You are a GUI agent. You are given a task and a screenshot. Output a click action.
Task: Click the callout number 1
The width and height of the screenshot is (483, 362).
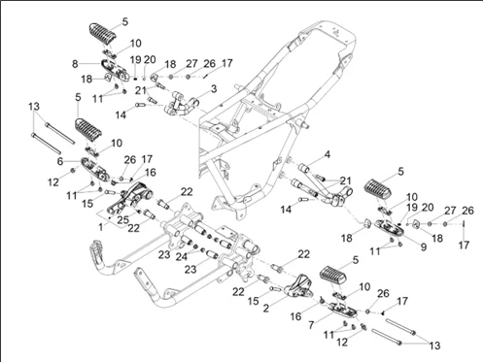[x=101, y=227]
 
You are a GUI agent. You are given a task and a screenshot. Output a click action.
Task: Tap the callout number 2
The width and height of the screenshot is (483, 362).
[x=266, y=308]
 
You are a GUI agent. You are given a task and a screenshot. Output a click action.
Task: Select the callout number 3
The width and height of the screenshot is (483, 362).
[x=214, y=88]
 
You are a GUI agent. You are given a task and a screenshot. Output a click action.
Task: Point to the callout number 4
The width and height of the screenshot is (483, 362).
[x=328, y=154]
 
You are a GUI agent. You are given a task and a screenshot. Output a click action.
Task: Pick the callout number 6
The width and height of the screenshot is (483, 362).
[x=60, y=161]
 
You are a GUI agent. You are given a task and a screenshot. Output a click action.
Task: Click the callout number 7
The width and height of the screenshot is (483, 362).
[x=311, y=325]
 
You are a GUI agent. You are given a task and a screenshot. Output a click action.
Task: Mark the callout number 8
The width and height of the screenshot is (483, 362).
[x=75, y=64]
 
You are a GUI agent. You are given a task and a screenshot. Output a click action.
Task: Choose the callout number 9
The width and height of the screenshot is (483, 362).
[x=424, y=247]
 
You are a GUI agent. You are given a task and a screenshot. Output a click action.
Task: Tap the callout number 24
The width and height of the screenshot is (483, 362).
[x=182, y=257]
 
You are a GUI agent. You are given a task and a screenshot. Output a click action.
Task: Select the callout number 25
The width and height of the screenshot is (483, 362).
[x=123, y=220]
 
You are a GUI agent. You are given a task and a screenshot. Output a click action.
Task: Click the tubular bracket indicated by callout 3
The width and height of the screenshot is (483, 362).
[x=182, y=105]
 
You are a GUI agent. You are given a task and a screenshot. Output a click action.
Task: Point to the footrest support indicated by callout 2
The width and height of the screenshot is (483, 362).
[x=298, y=286]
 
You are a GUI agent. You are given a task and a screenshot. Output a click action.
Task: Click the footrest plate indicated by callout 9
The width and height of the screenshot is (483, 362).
[x=390, y=227]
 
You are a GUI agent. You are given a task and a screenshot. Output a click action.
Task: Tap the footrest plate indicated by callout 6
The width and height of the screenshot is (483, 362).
[x=96, y=168]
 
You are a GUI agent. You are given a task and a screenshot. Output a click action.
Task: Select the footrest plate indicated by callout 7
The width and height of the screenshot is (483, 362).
[x=342, y=310]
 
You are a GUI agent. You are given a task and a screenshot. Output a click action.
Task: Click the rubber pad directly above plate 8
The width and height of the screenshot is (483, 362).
[x=102, y=33]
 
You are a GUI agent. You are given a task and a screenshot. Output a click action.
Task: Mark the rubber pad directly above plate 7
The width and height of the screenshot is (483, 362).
[x=333, y=275]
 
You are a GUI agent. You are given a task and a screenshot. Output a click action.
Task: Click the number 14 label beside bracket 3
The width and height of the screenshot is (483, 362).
[x=121, y=115]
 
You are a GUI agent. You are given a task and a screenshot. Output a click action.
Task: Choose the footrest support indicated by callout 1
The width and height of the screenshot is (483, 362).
[x=129, y=199]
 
